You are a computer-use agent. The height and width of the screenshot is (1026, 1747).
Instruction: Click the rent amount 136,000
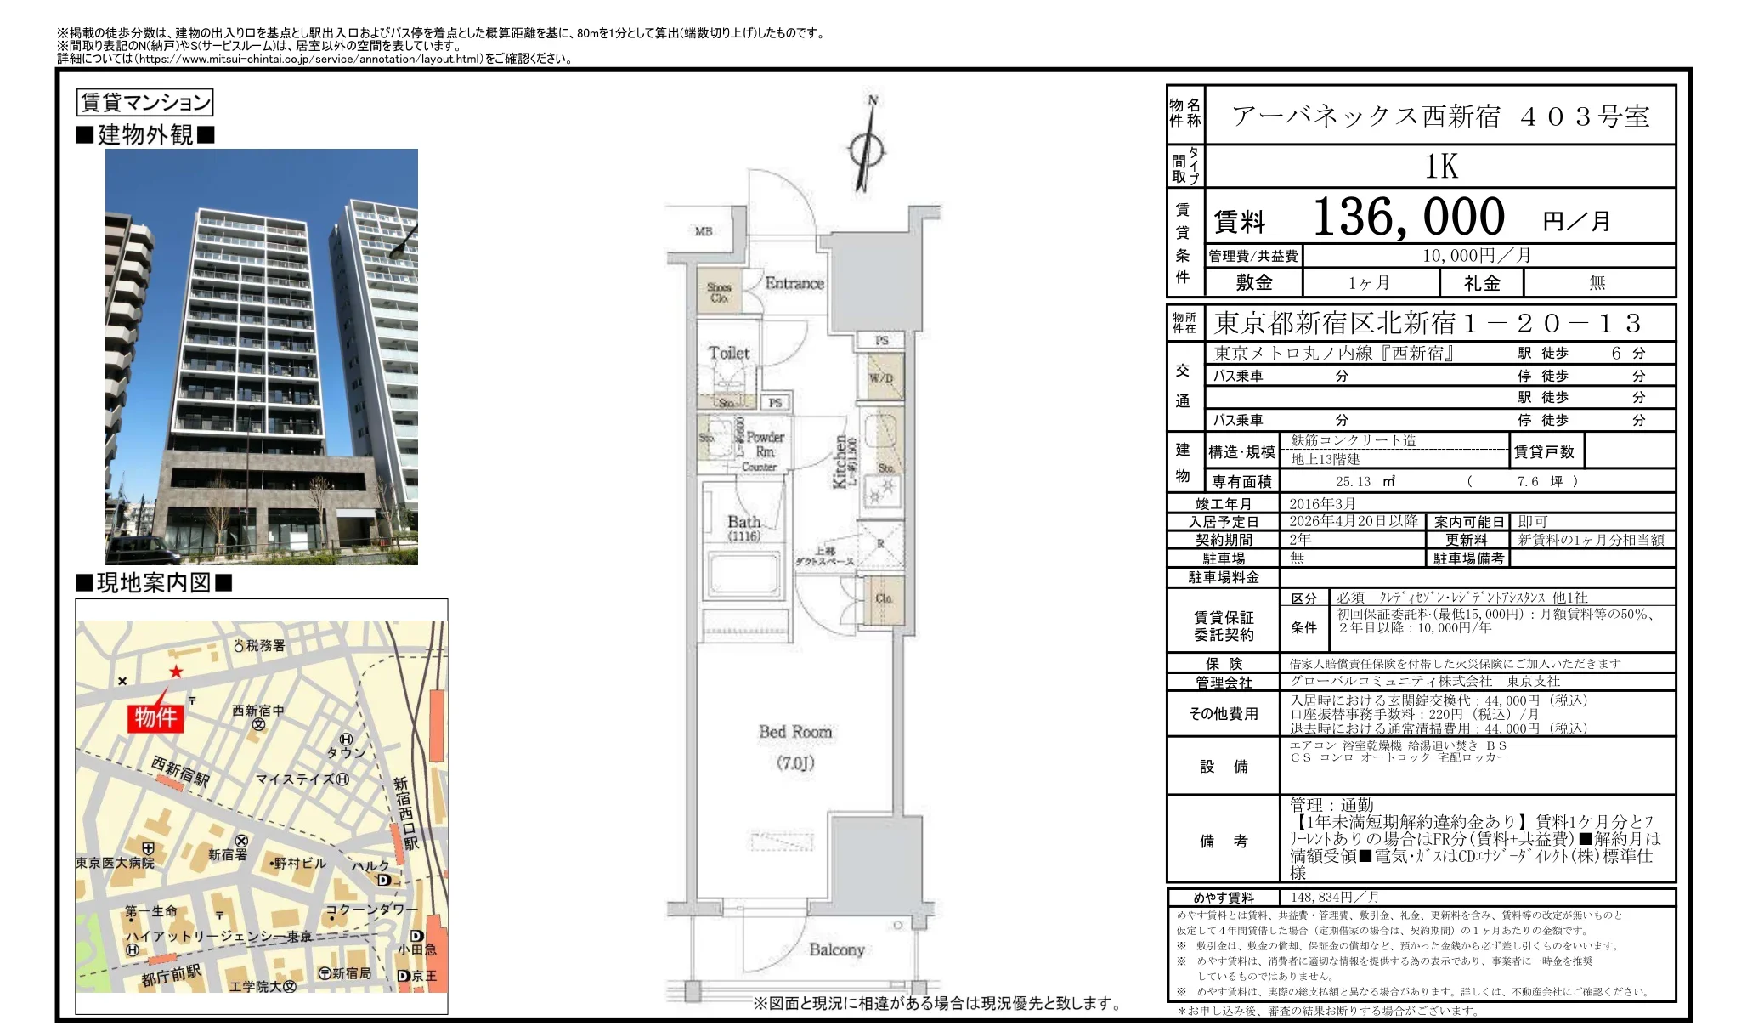click(1409, 218)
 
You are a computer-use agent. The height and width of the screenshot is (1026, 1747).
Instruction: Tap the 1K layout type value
click(1441, 167)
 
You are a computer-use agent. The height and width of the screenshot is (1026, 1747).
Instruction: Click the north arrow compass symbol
click(867, 150)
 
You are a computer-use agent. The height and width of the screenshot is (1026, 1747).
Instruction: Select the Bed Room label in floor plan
click(794, 732)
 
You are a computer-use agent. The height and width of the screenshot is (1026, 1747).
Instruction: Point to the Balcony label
click(836, 949)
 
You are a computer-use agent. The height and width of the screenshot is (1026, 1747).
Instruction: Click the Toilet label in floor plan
click(729, 353)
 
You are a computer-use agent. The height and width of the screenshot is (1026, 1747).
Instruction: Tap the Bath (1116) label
click(743, 528)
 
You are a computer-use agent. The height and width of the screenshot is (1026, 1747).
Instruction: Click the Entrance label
click(794, 284)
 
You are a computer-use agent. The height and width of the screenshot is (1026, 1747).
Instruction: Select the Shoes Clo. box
click(719, 292)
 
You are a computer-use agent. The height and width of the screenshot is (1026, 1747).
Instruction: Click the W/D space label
click(881, 378)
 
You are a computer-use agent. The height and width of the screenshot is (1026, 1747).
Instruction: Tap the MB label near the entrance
click(704, 231)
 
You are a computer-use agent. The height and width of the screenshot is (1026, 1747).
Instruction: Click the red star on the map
click(176, 672)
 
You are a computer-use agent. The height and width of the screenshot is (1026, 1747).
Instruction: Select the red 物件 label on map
click(155, 717)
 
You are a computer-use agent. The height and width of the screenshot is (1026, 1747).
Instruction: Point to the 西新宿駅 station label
click(180, 772)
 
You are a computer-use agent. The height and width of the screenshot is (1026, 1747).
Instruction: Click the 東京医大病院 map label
click(115, 863)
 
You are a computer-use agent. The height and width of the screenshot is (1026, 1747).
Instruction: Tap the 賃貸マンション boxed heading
click(144, 103)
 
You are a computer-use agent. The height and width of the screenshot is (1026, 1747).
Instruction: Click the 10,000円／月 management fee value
click(1476, 256)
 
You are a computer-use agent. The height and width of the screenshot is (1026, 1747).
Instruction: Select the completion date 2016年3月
click(1322, 504)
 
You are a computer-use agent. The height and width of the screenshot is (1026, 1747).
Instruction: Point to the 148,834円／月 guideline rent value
click(1334, 898)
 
